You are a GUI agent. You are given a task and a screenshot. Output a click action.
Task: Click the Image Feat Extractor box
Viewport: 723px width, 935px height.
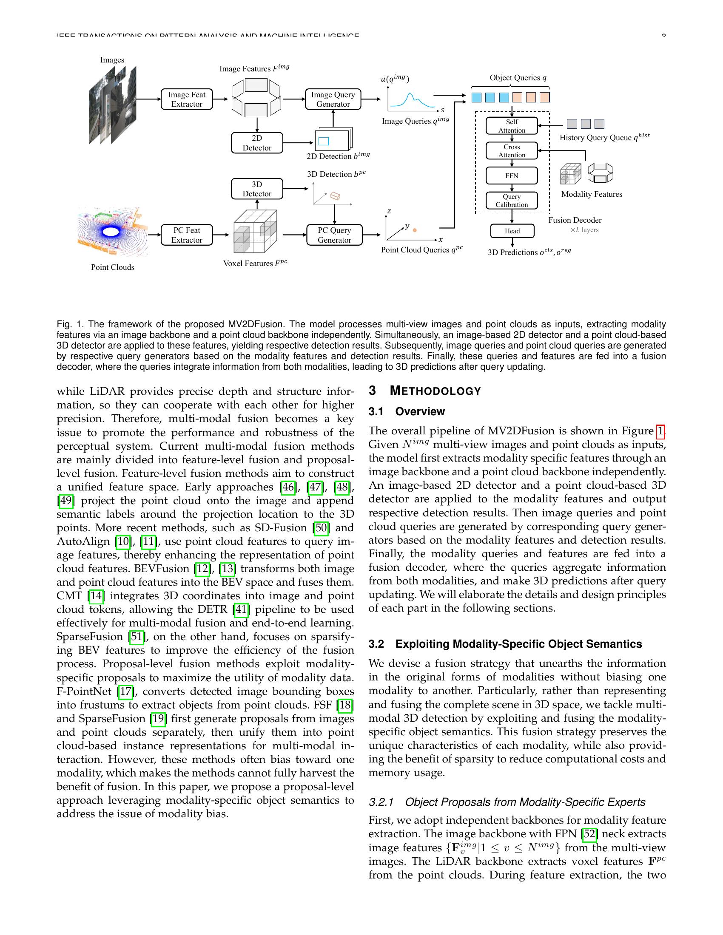pyautogui.click(x=187, y=99)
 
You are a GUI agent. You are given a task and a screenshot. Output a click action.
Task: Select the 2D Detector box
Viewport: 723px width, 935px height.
pyautogui.click(x=256, y=143)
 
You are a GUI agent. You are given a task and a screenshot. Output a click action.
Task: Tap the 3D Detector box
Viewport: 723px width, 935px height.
pyautogui.click(x=256, y=189)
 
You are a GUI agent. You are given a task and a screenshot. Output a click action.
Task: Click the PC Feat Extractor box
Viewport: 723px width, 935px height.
pyautogui.click(x=187, y=235)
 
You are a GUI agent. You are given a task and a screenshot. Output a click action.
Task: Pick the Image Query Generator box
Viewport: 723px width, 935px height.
pyautogui.click(x=333, y=99)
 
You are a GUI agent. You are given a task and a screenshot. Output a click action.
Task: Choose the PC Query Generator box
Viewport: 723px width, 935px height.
pyautogui.click(x=334, y=235)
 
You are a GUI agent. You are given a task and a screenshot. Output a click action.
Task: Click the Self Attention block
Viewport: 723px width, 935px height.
pyautogui.click(x=511, y=126)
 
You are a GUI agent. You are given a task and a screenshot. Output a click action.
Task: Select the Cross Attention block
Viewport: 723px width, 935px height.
pyautogui.click(x=511, y=151)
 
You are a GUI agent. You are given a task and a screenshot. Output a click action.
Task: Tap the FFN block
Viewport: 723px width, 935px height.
pyautogui.click(x=511, y=176)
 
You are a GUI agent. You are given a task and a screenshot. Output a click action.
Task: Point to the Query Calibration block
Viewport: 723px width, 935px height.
pyautogui.click(x=511, y=200)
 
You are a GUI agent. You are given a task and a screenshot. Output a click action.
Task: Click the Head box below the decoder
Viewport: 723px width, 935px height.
pyautogui.click(x=512, y=231)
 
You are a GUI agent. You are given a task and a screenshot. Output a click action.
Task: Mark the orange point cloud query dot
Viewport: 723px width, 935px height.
pyautogui.click(x=415, y=230)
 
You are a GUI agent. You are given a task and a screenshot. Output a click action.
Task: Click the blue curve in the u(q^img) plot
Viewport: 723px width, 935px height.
pyautogui.click(x=410, y=98)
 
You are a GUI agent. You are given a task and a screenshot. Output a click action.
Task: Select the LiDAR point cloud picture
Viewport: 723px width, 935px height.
pyautogui.click(x=112, y=231)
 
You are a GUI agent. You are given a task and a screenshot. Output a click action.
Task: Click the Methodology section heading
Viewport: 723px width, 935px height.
pyautogui.click(x=435, y=391)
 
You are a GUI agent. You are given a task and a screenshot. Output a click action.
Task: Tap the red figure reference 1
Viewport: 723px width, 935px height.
pyautogui.click(x=660, y=431)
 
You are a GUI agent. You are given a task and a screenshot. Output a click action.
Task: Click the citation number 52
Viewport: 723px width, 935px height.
pyautogui.click(x=590, y=834)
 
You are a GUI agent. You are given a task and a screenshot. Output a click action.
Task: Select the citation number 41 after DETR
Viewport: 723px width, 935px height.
pyautogui.click(x=241, y=609)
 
